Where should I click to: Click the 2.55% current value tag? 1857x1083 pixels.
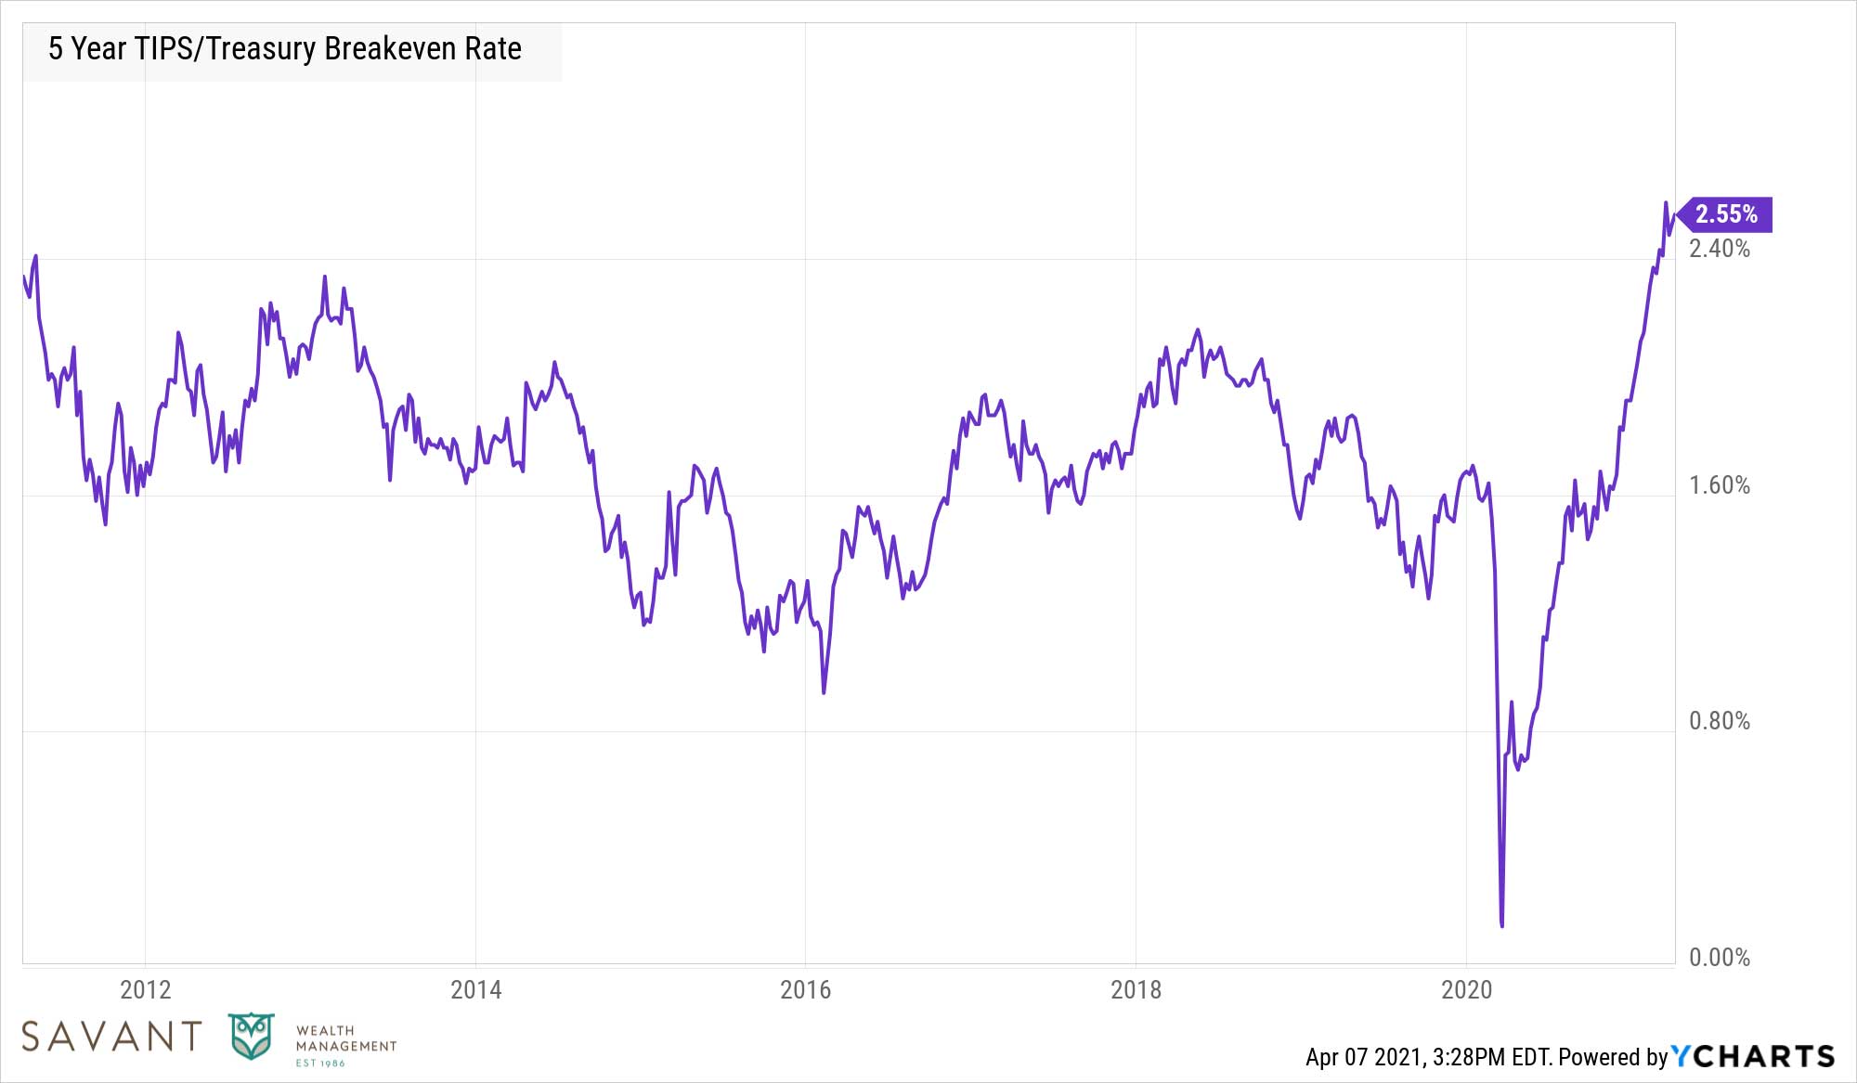1726,214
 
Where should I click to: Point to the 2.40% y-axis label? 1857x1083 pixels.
1719,249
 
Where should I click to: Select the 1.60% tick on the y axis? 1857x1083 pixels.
1719,485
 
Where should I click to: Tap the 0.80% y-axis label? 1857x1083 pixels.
1719,721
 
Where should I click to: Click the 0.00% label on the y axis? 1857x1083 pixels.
1719,958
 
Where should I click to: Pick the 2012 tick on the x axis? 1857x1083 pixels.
146,990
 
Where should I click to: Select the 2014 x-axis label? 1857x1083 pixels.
475,990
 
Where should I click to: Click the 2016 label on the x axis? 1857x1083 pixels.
805,990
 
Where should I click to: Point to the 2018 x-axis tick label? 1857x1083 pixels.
1136,990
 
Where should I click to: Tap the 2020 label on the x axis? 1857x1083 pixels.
1466,990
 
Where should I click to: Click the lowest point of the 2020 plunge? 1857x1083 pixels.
1501,924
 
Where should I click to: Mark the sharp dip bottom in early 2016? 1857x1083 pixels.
824,691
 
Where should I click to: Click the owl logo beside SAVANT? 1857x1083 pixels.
252,1037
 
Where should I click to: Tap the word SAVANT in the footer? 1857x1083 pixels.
111,1037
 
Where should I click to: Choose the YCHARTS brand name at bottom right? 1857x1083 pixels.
1753,1056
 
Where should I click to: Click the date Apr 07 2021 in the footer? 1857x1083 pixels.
1364,1057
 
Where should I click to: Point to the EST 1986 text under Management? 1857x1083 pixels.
319,1064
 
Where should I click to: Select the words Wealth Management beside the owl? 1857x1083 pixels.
345,1038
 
